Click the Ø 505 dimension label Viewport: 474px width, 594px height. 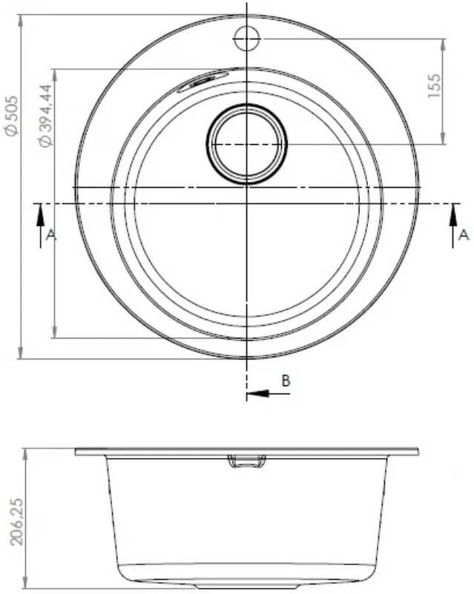coord(10,116)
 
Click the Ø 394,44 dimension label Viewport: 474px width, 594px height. coord(45,116)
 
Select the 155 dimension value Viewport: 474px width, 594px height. coord(434,85)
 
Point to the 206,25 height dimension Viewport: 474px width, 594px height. coord(16,521)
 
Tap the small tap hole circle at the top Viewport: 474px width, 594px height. coord(247,39)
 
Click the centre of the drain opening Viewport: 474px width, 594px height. coord(247,144)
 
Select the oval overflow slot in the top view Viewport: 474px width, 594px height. coord(198,81)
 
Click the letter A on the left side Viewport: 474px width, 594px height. coord(51,235)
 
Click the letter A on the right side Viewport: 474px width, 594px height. coord(464,235)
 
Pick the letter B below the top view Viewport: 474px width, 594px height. coord(286,380)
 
